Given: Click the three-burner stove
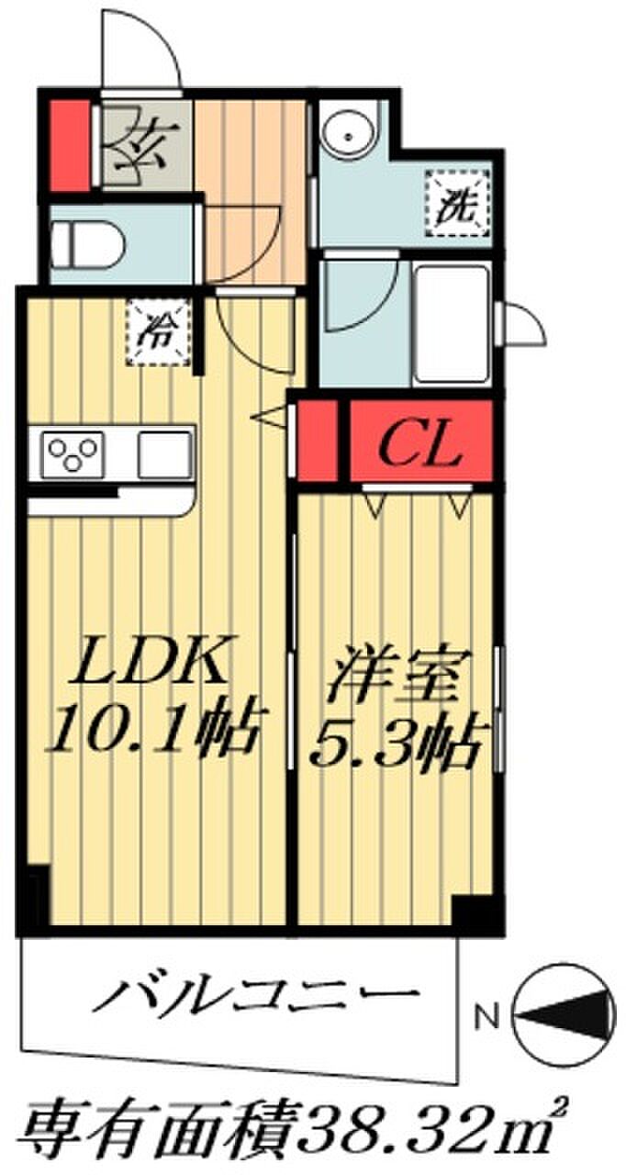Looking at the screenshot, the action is click(73, 453).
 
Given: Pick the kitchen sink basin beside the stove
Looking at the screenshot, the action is click(164, 453).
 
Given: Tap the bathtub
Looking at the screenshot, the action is click(453, 324).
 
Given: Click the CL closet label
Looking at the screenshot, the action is click(419, 447).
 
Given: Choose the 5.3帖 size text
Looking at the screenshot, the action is click(395, 741).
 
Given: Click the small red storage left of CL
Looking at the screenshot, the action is click(317, 440).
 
